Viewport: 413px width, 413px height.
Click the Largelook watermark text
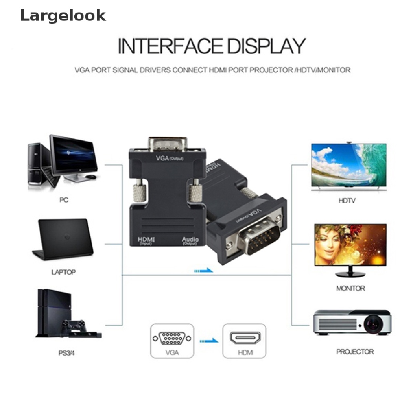click(x=63, y=16)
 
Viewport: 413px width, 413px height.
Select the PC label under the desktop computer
click(x=64, y=200)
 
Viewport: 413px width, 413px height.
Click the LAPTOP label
click(x=64, y=272)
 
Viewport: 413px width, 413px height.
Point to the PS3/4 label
click(x=67, y=353)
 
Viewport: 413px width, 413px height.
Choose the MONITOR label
click(x=350, y=288)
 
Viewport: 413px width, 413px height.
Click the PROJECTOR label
click(x=355, y=352)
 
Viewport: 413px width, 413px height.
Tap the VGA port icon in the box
click(x=172, y=338)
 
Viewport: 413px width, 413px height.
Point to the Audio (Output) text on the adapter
click(x=190, y=241)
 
